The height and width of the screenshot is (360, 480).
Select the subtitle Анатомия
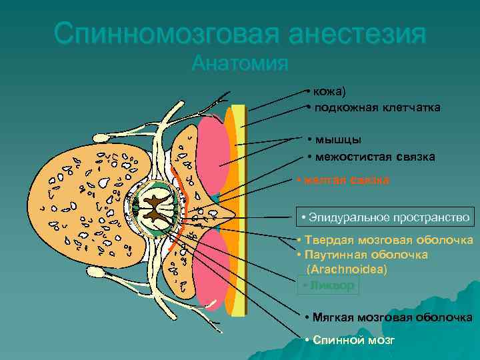click(240, 64)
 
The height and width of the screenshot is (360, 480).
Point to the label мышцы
click(339, 140)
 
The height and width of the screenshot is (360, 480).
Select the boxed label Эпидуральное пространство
click(385, 217)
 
